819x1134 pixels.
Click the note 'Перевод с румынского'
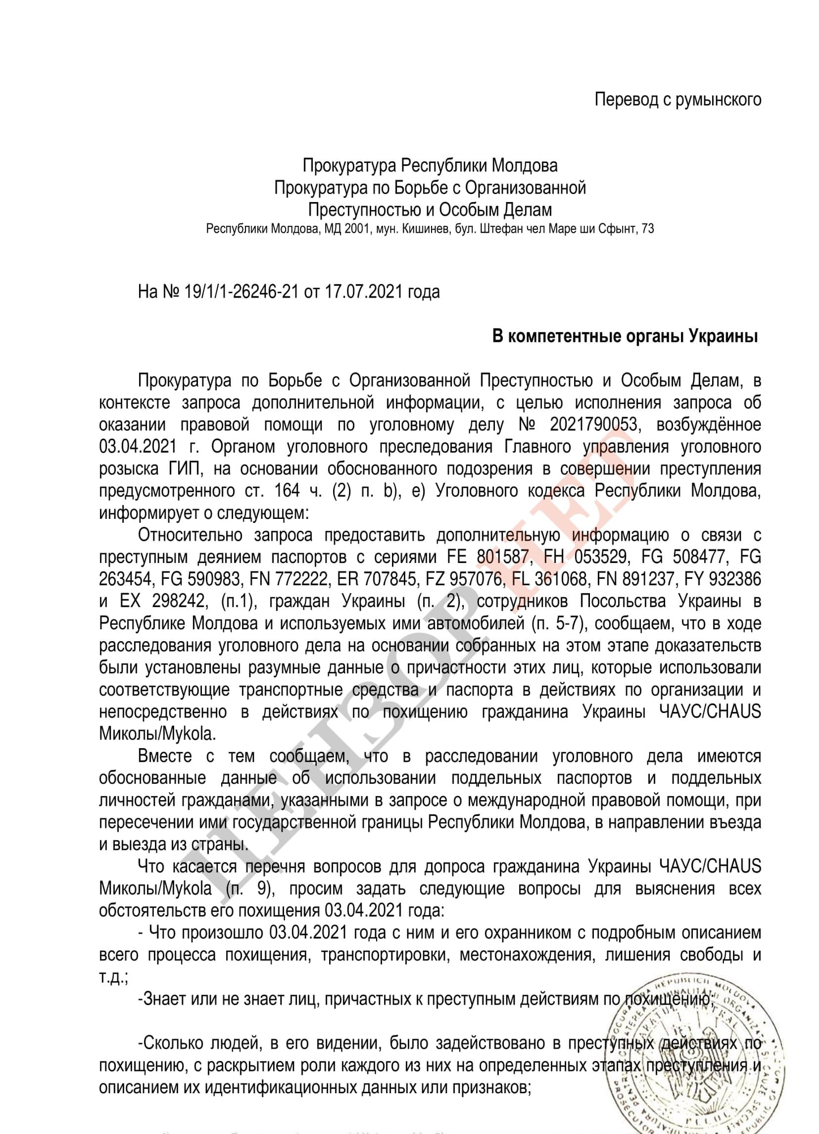click(x=677, y=100)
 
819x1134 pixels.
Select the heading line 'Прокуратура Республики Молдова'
click(x=430, y=165)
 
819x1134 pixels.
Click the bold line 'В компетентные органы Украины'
click(x=625, y=336)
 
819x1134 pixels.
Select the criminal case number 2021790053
click(x=592, y=424)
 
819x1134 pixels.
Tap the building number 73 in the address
click(x=648, y=229)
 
